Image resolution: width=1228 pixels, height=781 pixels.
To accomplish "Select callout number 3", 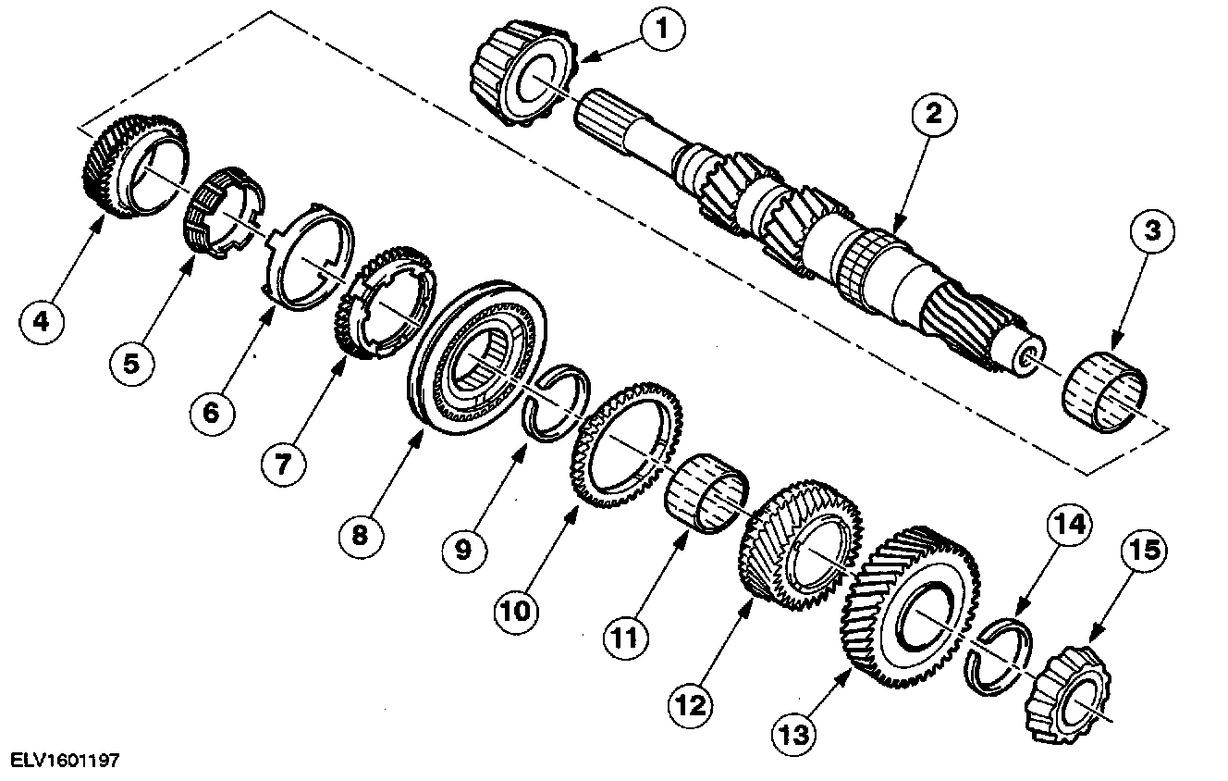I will click(1151, 232).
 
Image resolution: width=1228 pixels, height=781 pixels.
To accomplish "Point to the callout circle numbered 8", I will click(359, 534).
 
